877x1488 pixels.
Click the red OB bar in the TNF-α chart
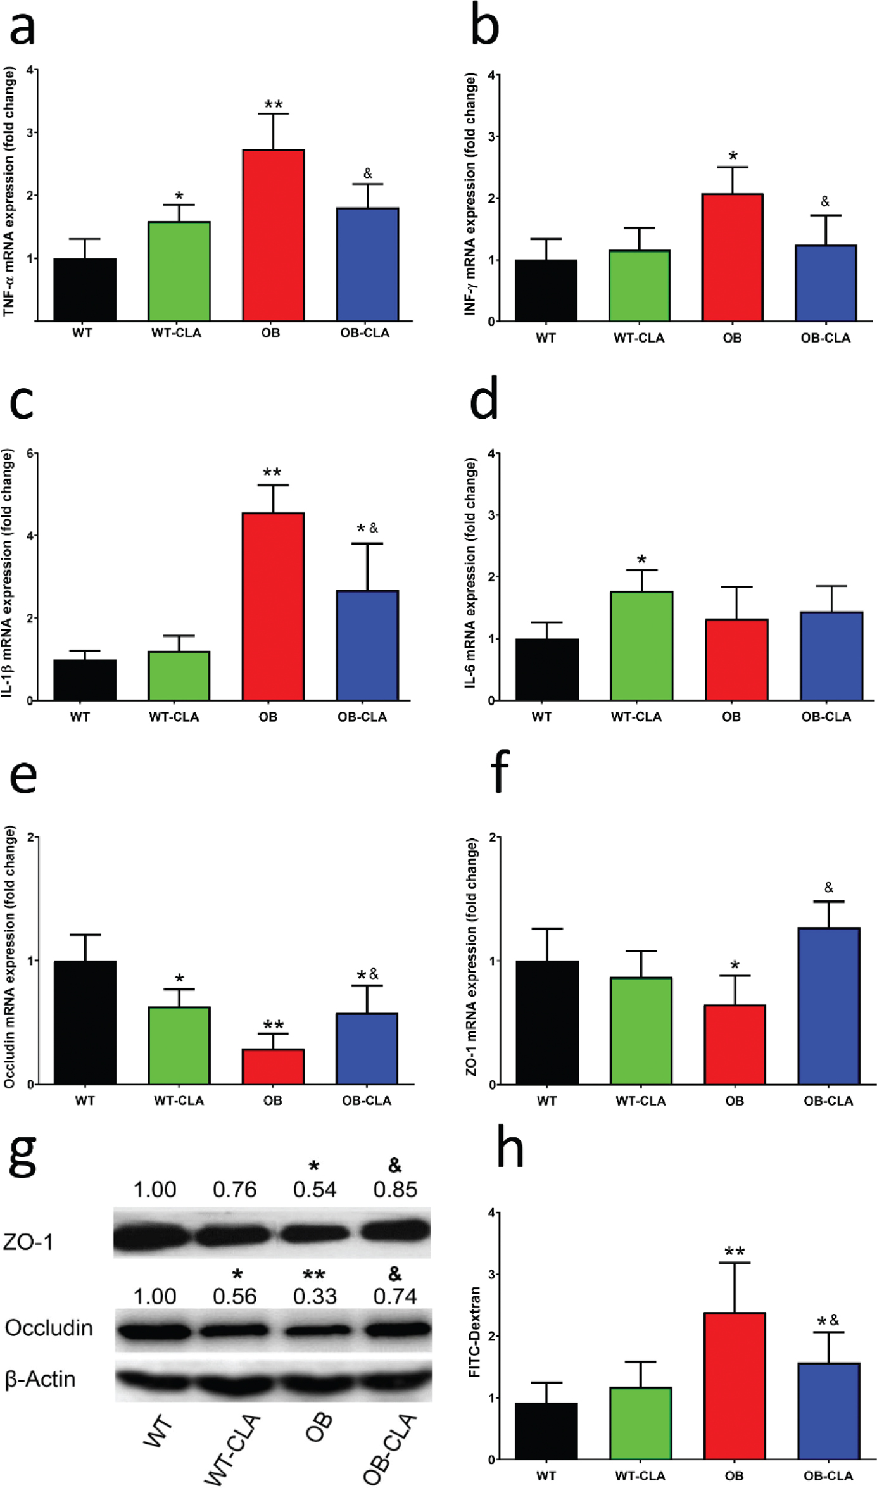(x=273, y=236)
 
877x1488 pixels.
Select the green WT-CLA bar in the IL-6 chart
(x=641, y=646)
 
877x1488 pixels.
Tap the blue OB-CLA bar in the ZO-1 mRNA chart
(x=828, y=1007)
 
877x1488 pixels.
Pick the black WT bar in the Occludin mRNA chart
(x=85, y=1023)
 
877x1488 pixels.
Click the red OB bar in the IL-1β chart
(x=273, y=607)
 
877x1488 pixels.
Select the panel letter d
(x=484, y=399)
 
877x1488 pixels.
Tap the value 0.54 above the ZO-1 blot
(x=315, y=1190)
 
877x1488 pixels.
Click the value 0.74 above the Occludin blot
(x=395, y=1297)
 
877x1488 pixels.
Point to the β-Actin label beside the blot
(x=40, y=1379)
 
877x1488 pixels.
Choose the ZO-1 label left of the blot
(x=28, y=1242)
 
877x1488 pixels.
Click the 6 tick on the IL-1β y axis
(x=30, y=453)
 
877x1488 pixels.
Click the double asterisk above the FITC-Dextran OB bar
(x=735, y=1252)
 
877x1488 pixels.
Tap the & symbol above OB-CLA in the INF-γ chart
(x=824, y=201)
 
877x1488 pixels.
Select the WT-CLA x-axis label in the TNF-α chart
(x=176, y=333)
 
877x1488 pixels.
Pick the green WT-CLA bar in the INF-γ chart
(x=639, y=286)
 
